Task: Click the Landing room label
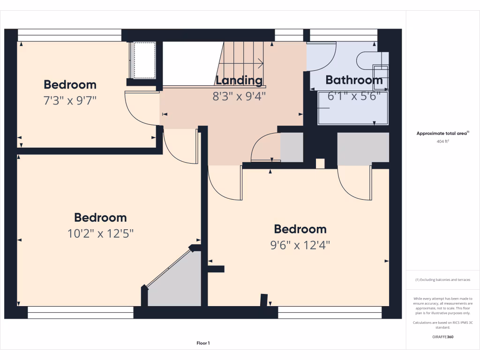tap(239, 80)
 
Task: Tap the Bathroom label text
tap(354, 80)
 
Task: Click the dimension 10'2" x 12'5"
tap(100, 233)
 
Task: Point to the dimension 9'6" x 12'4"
tap(300, 245)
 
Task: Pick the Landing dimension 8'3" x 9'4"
tap(239, 96)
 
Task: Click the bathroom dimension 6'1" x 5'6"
tap(354, 96)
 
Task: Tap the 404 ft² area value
tap(442, 141)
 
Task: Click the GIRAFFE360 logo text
tap(442, 337)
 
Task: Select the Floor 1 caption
tap(203, 344)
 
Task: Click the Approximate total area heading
tap(442, 134)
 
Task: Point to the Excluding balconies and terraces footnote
tap(442, 280)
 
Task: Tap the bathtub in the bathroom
tap(353, 108)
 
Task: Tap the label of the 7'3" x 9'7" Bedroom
tap(70, 84)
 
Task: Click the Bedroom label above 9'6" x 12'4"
tap(300, 229)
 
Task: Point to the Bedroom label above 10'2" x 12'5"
tap(100, 217)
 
